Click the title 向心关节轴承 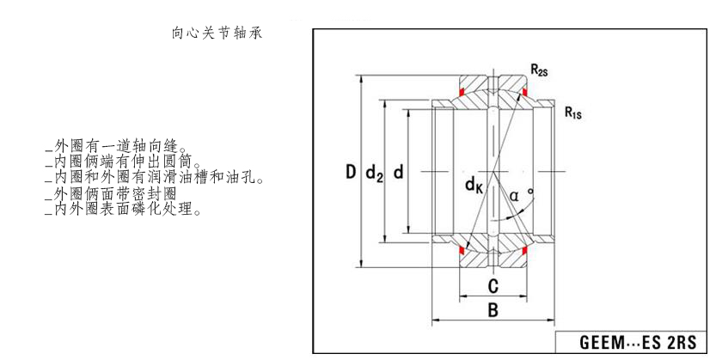pyautogui.click(x=217, y=34)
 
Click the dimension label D pyautogui.click(x=351, y=173)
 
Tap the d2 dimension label pyautogui.click(x=374, y=174)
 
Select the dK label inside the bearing pyautogui.click(x=474, y=185)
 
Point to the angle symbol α pyautogui.click(x=513, y=196)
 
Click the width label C pyautogui.click(x=493, y=286)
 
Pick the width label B pyautogui.click(x=493, y=310)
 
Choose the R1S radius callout pyautogui.click(x=573, y=111)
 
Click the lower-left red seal pyautogui.click(x=462, y=250)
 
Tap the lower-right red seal pyautogui.click(x=521, y=250)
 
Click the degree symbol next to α pyautogui.click(x=530, y=190)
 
